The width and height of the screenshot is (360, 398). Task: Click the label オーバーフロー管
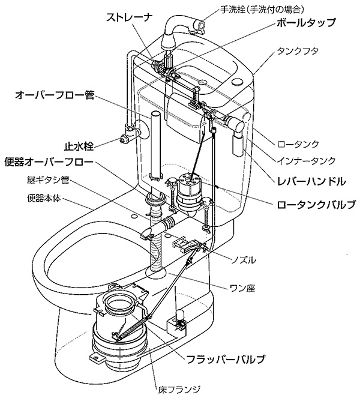tap(53, 94)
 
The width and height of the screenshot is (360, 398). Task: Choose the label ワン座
tap(243, 288)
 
